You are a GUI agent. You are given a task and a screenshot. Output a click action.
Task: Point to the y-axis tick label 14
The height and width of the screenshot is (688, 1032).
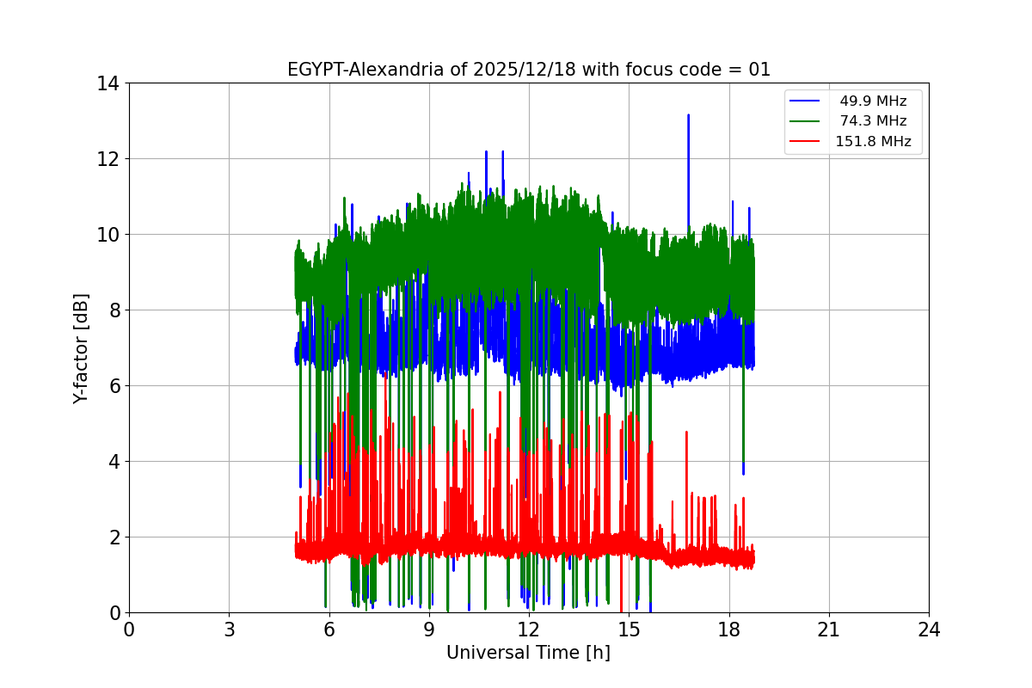pyautogui.click(x=107, y=83)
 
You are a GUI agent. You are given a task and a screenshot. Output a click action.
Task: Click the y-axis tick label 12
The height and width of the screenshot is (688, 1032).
pyautogui.click(x=107, y=159)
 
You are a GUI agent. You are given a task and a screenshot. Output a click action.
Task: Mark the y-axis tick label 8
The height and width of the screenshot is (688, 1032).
pyautogui.click(x=113, y=310)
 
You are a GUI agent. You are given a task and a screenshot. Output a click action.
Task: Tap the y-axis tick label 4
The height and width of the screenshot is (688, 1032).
pyautogui.click(x=113, y=462)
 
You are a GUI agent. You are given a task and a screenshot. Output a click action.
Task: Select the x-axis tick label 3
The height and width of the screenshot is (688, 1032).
pyautogui.click(x=229, y=630)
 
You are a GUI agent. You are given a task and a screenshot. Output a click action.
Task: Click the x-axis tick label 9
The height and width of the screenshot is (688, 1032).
pyautogui.click(x=429, y=630)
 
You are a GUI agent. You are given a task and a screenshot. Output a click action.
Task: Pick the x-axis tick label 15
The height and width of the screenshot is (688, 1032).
pyautogui.click(x=629, y=630)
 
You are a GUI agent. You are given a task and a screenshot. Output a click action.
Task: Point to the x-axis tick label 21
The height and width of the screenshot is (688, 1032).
pyautogui.click(x=829, y=630)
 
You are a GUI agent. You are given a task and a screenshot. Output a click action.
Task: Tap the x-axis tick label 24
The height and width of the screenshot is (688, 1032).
pyautogui.click(x=929, y=630)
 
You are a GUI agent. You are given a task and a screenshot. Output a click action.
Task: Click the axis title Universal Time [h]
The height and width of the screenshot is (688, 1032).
pyautogui.click(x=528, y=653)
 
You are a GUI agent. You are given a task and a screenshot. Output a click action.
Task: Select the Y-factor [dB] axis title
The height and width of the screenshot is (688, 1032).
pyautogui.click(x=81, y=348)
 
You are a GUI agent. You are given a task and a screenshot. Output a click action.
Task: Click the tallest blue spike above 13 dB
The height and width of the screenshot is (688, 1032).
pyautogui.click(x=688, y=115)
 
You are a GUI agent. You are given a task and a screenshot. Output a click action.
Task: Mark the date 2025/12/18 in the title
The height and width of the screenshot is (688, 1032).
pyautogui.click(x=518, y=70)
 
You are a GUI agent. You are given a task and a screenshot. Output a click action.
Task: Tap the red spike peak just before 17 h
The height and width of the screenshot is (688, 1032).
pyautogui.click(x=686, y=433)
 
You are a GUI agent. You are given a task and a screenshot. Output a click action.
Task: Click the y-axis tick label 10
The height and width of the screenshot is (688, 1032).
pyautogui.click(x=107, y=235)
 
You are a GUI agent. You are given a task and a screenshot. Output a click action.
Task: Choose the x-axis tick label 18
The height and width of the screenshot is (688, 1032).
pyautogui.click(x=729, y=630)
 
